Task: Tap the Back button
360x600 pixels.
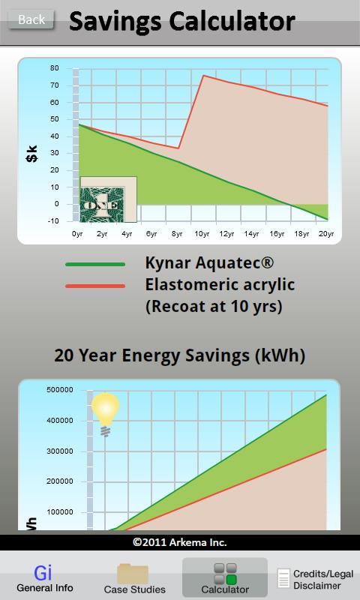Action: click(31, 19)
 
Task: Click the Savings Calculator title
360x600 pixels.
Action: click(182, 21)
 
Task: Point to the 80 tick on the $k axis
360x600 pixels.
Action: click(54, 68)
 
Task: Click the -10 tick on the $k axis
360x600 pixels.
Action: click(53, 221)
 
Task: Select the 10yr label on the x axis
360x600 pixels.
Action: click(202, 234)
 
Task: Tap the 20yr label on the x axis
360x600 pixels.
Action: click(326, 234)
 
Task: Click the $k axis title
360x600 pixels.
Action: click(32, 154)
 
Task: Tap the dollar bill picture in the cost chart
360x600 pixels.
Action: click(108, 199)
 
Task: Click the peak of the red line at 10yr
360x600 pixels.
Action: click(203, 76)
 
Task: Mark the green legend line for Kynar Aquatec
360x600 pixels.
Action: click(95, 264)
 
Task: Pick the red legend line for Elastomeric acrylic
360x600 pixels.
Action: click(95, 286)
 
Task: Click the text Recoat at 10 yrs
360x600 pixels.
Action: click(214, 306)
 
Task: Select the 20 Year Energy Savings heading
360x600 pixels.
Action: click(180, 355)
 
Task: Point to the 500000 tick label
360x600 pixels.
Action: click(60, 390)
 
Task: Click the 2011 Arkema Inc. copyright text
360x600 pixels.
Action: click(180, 542)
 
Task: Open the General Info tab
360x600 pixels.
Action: click(45, 578)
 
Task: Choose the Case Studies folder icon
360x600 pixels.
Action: click(133, 574)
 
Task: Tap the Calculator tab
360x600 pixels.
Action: click(225, 577)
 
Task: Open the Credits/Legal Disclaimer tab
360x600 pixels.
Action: click(316, 579)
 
